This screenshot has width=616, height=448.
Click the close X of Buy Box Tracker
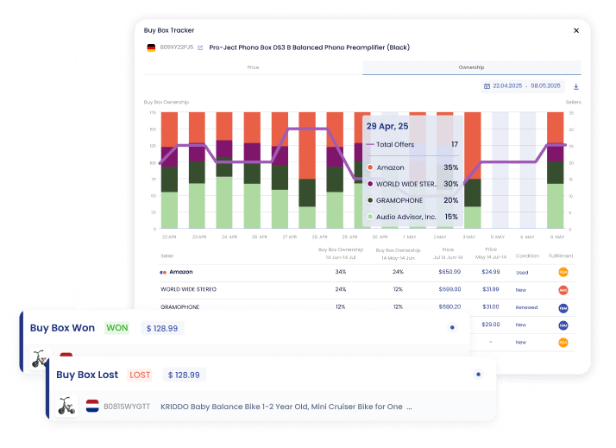tap(576, 30)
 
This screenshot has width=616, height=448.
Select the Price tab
tap(253, 67)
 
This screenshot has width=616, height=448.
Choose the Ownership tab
tap(471, 67)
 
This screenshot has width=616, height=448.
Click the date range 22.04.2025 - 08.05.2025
tap(523, 86)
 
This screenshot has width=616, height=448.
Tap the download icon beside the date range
tap(576, 86)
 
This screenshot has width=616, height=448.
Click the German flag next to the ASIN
tap(151, 47)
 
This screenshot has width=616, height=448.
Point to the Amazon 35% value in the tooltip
tap(450, 167)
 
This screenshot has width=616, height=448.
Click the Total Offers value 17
tap(454, 145)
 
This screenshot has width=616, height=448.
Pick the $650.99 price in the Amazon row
tap(449, 272)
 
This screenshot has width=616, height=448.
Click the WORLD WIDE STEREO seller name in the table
tap(188, 289)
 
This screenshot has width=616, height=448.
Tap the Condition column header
tap(527, 256)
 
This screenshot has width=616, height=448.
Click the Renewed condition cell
tap(527, 306)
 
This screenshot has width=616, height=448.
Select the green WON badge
tap(116, 328)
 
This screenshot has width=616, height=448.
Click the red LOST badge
tap(139, 375)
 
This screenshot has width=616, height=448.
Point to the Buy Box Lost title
tap(87, 375)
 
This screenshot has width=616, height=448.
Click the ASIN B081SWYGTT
tap(126, 406)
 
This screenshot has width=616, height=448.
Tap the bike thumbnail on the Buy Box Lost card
tap(66, 405)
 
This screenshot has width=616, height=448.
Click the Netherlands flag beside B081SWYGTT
tap(93, 406)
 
